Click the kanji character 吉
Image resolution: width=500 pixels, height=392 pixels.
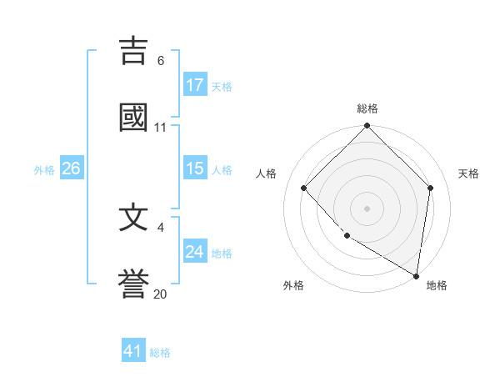(x=133, y=51)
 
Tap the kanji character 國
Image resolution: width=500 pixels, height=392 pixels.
(x=133, y=118)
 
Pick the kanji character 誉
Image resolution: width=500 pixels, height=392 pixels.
(x=133, y=284)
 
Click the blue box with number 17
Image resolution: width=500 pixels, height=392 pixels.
(x=195, y=85)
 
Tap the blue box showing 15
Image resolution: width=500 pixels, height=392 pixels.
(x=195, y=168)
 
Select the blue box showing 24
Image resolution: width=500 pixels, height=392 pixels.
(x=195, y=252)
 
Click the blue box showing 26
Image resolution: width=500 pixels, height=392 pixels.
(x=71, y=168)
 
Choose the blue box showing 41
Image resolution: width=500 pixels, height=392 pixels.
(x=133, y=351)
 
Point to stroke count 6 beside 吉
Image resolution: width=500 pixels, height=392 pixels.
(x=161, y=61)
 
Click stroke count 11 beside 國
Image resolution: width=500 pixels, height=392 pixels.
(x=161, y=128)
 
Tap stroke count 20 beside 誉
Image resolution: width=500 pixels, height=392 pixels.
(x=161, y=294)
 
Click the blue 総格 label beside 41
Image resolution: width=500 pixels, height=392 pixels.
(x=160, y=353)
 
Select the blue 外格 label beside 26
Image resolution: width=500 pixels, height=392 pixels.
(x=44, y=169)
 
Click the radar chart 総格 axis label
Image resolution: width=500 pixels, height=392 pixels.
(x=367, y=108)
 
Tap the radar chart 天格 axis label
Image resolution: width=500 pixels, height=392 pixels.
(x=468, y=173)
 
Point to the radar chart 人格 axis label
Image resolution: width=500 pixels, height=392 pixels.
(x=267, y=173)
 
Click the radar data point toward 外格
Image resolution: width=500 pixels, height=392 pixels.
(x=347, y=236)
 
